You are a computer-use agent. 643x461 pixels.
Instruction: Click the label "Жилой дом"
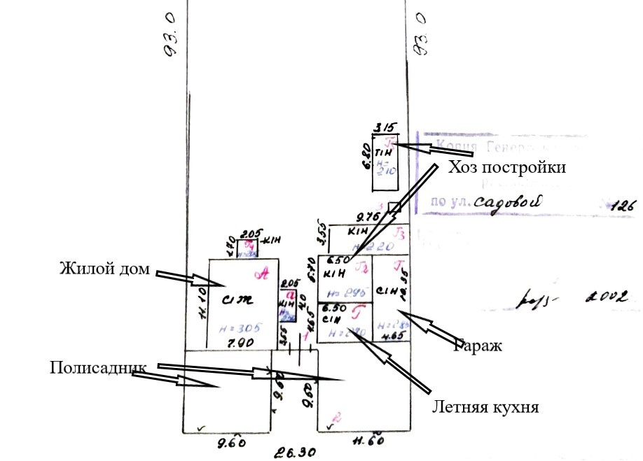tap(104, 267)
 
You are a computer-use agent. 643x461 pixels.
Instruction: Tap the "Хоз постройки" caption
tap(506, 168)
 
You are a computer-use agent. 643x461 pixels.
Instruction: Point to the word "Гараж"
tap(479, 344)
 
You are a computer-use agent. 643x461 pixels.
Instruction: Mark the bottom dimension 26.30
tap(293, 452)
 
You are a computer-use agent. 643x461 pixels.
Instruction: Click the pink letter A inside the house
tap(264, 274)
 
